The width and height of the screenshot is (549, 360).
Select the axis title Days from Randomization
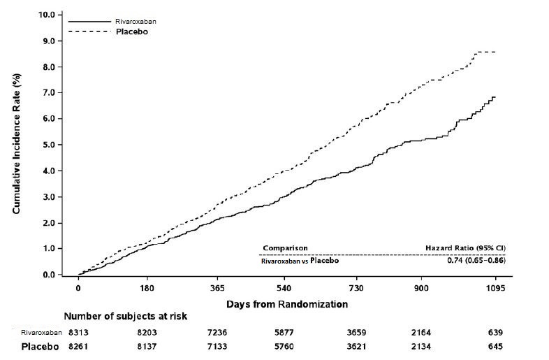click(286, 305)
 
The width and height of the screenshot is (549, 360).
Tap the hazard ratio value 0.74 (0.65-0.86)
click(476, 261)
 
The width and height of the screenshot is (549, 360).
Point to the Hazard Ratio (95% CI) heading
click(466, 248)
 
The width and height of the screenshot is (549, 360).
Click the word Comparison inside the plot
click(285, 248)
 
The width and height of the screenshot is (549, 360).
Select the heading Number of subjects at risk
click(125, 317)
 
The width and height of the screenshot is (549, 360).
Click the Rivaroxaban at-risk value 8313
click(78, 333)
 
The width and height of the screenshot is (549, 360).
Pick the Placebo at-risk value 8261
click(78, 347)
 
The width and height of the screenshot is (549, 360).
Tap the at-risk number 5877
click(287, 333)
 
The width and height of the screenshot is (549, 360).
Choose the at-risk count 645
click(495, 347)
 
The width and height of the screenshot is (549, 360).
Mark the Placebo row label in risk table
click(41, 347)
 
